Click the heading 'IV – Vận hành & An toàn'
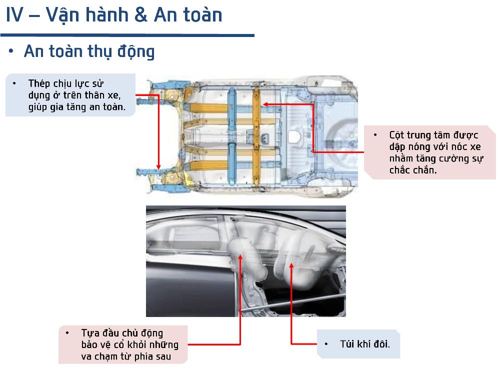pyautogui.click(x=114, y=15)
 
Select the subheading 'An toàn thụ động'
pyautogui.click(x=89, y=51)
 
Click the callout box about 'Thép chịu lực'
pyautogui.click(x=70, y=95)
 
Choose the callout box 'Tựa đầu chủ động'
pyautogui.click(x=123, y=344)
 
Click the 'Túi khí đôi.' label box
pyautogui.click(x=358, y=344)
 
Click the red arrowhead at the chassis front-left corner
pyautogui.click(x=159, y=167)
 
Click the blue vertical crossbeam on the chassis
pyautogui.click(x=231, y=135)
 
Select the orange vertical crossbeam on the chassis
pyautogui.click(x=256, y=135)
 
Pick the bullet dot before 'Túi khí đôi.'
pyautogui.click(x=326, y=344)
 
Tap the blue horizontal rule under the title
pyautogui.click(x=127, y=35)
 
